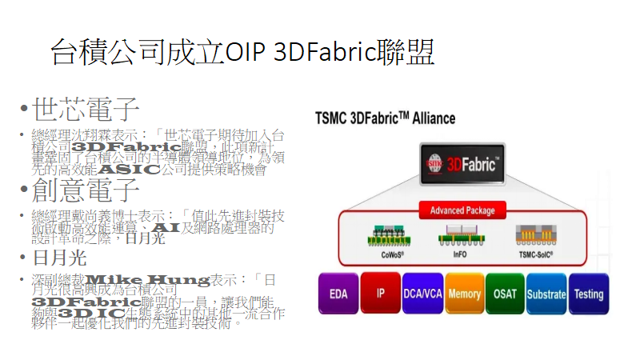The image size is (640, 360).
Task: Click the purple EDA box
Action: pyautogui.click(x=338, y=294)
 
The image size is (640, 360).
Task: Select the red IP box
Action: pyautogui.click(x=380, y=294)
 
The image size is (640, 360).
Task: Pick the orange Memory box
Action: pyautogui.click(x=464, y=294)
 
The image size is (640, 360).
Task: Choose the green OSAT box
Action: pyautogui.click(x=505, y=294)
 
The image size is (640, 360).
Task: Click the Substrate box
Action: pyautogui.click(x=546, y=294)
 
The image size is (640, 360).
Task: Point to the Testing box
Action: pyautogui.click(x=588, y=294)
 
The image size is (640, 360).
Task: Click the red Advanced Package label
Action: pyautogui.click(x=462, y=210)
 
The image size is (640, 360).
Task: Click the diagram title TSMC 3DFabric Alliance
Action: pyautogui.click(x=385, y=118)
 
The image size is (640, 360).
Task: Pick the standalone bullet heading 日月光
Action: pyautogui.click(x=58, y=258)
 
